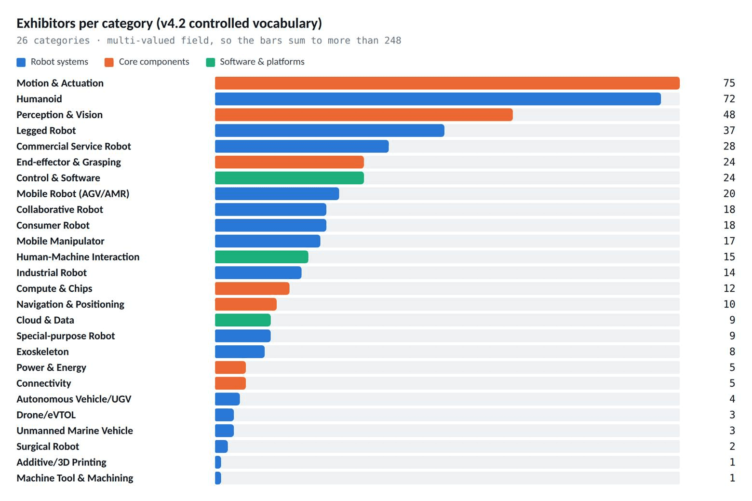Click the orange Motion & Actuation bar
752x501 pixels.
(x=447, y=83)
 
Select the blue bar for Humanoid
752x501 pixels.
(x=438, y=99)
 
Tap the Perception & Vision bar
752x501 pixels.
(x=363, y=114)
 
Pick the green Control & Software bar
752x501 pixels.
(x=289, y=177)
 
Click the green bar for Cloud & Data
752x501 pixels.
(x=243, y=320)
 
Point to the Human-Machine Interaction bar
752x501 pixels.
(x=262, y=257)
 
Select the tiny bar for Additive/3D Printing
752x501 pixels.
(x=218, y=462)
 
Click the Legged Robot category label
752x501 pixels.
(x=46, y=130)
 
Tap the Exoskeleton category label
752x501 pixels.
(x=42, y=352)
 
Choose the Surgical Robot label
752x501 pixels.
(x=48, y=446)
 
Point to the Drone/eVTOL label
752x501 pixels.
(x=46, y=415)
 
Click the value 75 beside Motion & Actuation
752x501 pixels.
(x=729, y=83)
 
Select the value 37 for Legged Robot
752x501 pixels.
(x=729, y=130)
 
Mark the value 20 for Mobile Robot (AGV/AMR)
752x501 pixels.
(x=729, y=193)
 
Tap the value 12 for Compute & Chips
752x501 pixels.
(x=729, y=288)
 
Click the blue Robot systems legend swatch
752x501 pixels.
(x=21, y=63)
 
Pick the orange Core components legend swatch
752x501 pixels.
(x=109, y=63)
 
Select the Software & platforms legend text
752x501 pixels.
(x=262, y=62)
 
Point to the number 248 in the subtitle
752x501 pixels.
(x=393, y=41)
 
